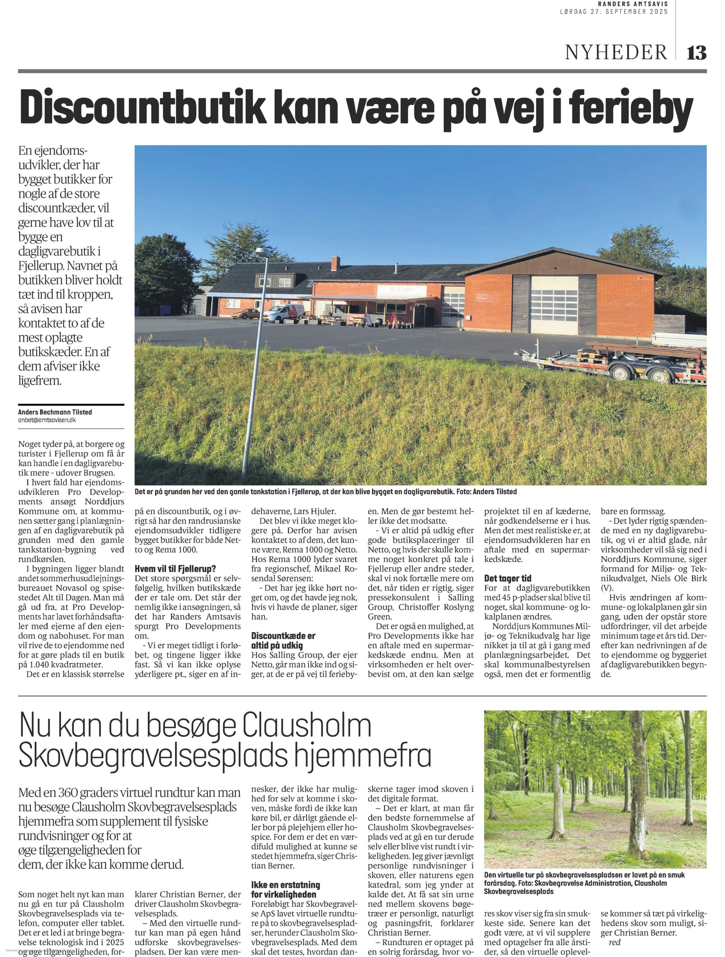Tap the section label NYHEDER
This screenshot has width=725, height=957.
[x=615, y=53]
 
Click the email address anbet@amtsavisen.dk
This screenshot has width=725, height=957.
[x=47, y=420]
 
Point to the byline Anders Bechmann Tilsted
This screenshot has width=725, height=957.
[x=55, y=412]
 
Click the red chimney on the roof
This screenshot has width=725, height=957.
[x=335, y=263]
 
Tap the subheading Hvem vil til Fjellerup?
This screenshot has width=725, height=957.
[x=174, y=569]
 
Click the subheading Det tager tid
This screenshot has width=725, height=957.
[x=508, y=578]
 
